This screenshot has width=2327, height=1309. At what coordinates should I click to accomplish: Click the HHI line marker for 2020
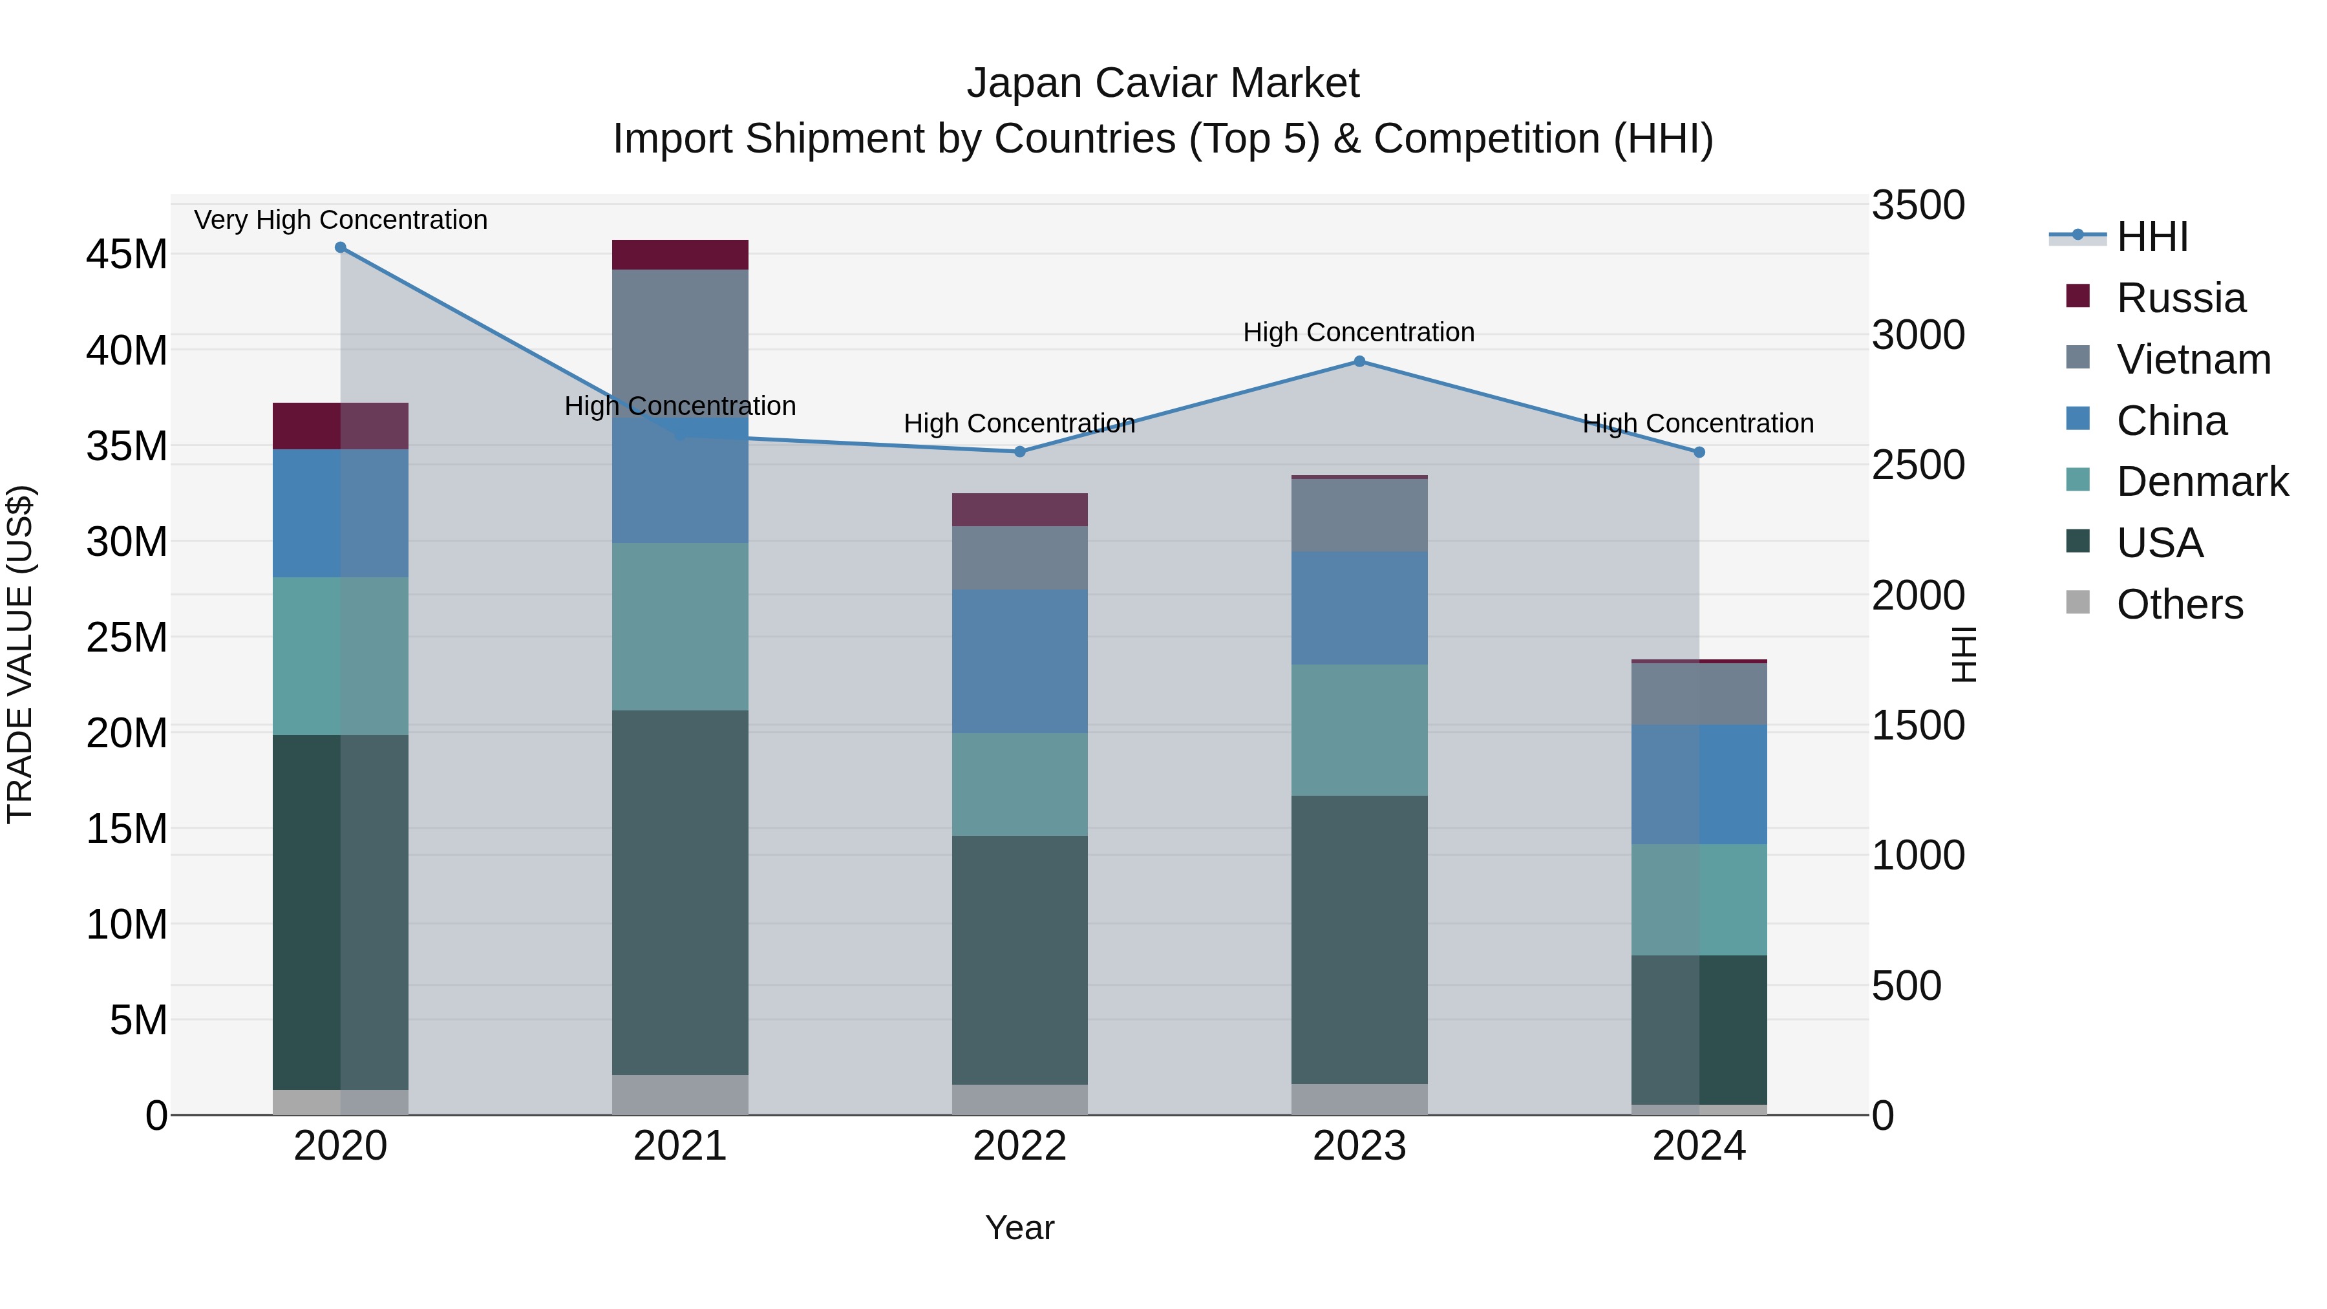(341, 248)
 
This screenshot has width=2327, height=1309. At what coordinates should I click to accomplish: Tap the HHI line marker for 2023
(1359, 361)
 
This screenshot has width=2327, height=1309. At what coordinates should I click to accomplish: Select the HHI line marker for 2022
(1020, 452)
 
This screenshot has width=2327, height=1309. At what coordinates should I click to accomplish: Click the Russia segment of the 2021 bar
(680, 255)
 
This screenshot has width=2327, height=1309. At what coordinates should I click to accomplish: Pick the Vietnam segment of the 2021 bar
(680, 334)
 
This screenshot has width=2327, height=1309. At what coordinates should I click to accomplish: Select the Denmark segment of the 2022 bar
(1020, 784)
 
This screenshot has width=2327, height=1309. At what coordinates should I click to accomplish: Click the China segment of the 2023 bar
(1359, 608)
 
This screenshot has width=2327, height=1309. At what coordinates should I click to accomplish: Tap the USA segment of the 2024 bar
(1699, 1030)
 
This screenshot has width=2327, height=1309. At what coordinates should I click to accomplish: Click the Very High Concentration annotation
(341, 220)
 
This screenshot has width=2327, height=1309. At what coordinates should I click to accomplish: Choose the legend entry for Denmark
(2202, 482)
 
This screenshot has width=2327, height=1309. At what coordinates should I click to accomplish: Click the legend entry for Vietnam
(2193, 359)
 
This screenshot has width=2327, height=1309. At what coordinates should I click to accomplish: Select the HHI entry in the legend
(2152, 237)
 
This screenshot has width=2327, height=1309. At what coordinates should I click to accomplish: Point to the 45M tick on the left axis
(127, 255)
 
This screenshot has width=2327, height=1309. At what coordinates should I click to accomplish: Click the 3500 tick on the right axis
(1917, 205)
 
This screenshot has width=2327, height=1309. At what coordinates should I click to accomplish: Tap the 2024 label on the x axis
(1699, 1146)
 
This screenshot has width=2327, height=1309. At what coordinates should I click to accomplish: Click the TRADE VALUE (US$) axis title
(20, 654)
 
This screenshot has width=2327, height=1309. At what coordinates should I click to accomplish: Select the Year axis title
(1020, 1228)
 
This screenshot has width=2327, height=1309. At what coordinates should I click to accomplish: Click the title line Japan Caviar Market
(1163, 83)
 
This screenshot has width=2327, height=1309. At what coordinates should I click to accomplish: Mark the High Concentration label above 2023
(1359, 332)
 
